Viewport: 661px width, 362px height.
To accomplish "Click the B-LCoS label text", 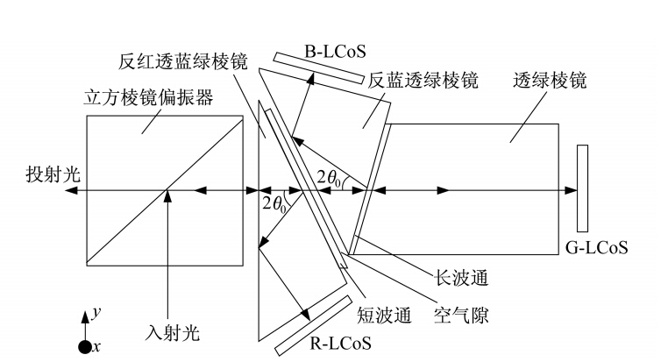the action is coord(335,51).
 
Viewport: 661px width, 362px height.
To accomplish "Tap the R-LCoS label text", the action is coord(341,343).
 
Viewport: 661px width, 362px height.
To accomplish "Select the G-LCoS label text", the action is coord(596,247).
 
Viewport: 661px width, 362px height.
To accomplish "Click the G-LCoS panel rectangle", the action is coord(582,188).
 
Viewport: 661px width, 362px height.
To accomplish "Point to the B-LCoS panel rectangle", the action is coord(318,67).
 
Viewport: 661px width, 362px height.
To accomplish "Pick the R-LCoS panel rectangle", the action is coord(313,326).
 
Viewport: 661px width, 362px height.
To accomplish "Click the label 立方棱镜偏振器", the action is coord(148,97).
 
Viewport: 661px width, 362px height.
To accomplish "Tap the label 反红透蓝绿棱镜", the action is coord(183,61).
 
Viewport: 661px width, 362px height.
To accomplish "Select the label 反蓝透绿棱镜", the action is coord(423,80).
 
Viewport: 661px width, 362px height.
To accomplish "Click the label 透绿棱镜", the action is coord(550,80).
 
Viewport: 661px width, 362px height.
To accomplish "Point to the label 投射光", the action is coord(53,174).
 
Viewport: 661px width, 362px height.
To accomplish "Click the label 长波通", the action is coord(461,278).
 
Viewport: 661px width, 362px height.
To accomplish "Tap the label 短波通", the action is coord(384,315).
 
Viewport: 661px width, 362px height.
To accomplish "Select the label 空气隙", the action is coord(461,315).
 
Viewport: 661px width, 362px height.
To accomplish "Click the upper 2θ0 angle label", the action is coord(329,178).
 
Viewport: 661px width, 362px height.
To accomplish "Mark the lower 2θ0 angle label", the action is coord(274,204).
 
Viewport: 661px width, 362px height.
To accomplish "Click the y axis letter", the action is coord(96,312).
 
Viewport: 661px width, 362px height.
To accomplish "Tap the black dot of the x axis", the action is coord(85,347).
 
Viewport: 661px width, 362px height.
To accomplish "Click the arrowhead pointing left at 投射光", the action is coord(71,190).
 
